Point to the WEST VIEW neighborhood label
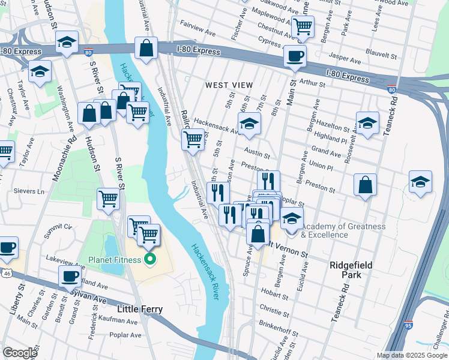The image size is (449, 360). coord(229,86)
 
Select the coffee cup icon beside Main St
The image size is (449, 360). coord(295,57)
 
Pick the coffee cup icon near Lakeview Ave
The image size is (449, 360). coord(70,276)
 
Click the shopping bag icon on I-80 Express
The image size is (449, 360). coord(146,48)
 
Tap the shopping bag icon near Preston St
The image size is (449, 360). coord(365,185)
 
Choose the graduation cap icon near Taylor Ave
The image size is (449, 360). coord(40,71)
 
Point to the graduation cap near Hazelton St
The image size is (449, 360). coord(367,124)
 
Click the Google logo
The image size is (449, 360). coord(20,352)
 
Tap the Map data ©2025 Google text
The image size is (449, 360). coord(412,355)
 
